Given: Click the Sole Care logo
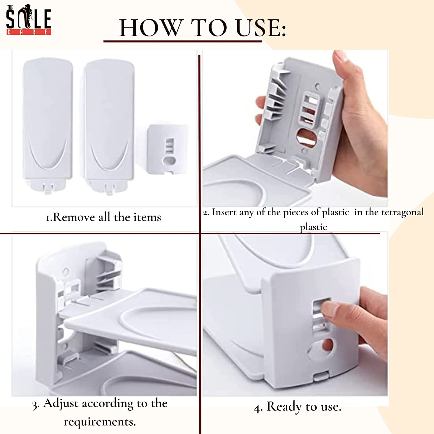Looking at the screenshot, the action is (x=29, y=20).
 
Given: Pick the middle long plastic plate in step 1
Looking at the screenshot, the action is (x=109, y=126).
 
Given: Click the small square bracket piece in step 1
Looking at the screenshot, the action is (x=167, y=149).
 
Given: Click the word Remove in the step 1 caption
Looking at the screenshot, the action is (x=74, y=217).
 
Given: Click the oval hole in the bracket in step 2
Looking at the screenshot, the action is (x=307, y=137).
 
